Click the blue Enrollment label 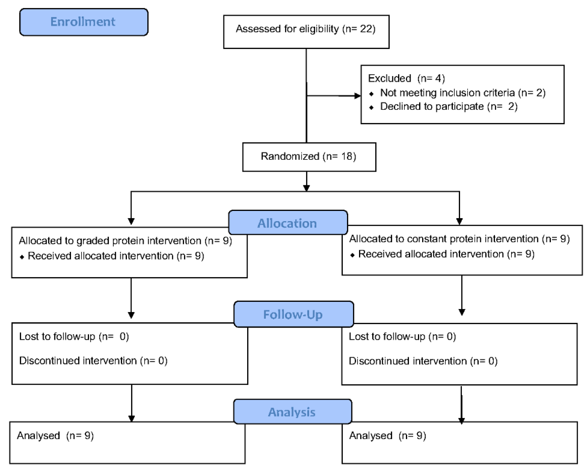tap(83, 22)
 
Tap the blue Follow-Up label tap(293, 314)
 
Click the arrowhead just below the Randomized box tap(307, 188)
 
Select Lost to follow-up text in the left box tap(57, 337)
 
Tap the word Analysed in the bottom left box tap(38, 436)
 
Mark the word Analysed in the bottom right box tap(371, 436)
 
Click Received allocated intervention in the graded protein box tap(100, 256)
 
